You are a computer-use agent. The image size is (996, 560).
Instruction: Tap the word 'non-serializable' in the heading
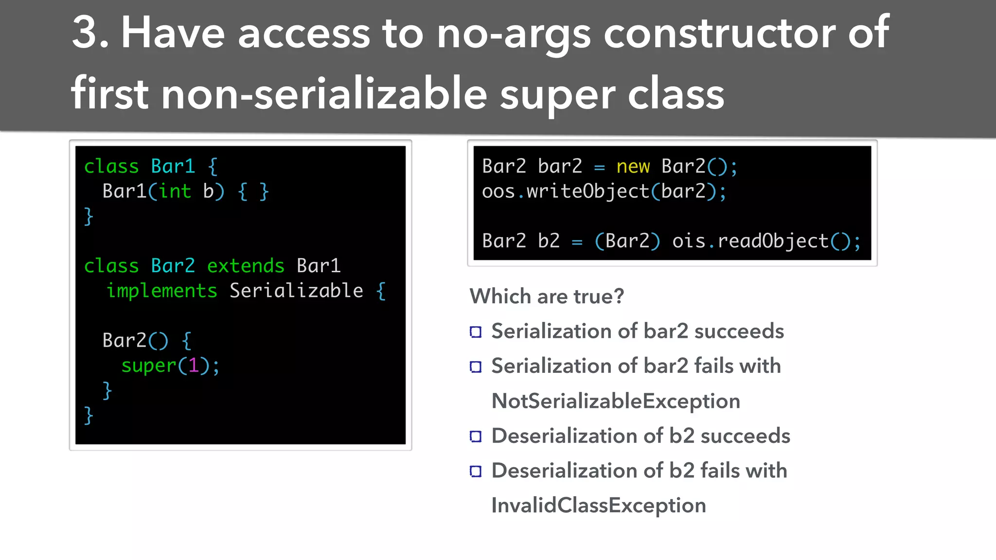[323, 94]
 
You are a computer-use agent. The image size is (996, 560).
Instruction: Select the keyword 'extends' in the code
[246, 266]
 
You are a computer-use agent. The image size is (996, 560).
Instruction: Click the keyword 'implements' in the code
[161, 291]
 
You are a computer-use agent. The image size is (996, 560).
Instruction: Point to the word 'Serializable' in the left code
[296, 291]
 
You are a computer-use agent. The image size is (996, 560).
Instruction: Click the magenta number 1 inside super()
[194, 365]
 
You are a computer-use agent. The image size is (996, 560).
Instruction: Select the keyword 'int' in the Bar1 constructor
[175, 191]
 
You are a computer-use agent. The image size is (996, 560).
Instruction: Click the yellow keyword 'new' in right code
[633, 167]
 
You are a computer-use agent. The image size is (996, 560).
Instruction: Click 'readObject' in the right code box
[773, 241]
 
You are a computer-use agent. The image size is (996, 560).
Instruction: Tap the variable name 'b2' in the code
[549, 241]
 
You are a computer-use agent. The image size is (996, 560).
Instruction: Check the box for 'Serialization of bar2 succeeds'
[476, 332]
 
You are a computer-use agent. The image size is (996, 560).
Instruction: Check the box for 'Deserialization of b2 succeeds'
[476, 437]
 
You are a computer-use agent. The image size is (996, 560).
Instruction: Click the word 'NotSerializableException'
[616, 401]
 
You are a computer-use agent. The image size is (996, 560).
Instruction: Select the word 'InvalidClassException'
[598, 506]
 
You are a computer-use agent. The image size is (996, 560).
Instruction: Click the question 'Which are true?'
[547, 296]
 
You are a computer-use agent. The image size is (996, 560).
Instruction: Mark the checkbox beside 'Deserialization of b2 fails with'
[476, 471]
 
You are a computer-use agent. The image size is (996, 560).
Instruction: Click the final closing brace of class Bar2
[88, 416]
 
